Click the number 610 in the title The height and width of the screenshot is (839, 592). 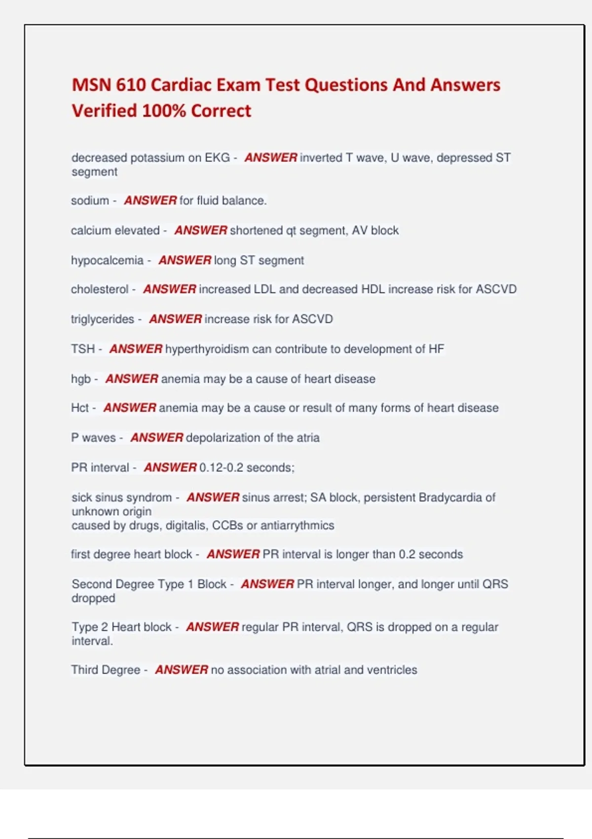131,85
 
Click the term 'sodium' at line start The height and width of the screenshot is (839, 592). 90,201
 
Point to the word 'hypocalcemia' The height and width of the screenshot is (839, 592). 107,260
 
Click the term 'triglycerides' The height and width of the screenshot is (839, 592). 103,319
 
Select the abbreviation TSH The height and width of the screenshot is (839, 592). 82,349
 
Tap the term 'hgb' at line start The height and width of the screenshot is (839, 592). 81,379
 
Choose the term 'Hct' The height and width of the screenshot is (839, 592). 79,408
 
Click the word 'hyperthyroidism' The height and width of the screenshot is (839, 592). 207,349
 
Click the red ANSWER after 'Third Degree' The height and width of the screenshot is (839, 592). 182,670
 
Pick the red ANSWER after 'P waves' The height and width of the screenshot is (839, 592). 157,438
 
